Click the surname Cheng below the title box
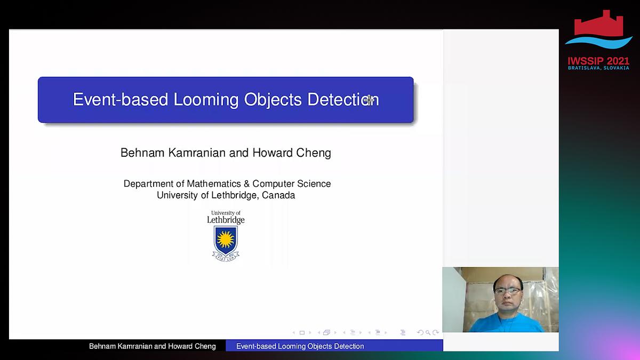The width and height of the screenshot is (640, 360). [314, 153]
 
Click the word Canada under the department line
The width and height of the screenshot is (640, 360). [278, 195]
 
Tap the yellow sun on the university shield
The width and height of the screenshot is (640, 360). [226, 238]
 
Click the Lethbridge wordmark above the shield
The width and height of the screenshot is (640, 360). [226, 220]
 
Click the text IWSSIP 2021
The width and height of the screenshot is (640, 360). [599, 61]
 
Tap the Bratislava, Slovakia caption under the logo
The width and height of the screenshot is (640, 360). [599, 68]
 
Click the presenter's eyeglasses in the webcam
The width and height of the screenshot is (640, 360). [507, 291]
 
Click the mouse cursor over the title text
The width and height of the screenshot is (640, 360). [370, 99]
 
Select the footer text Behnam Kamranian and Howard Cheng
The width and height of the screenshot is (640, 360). [153, 346]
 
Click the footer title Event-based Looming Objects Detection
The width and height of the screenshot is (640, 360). [300, 346]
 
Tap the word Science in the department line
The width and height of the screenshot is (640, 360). [313, 183]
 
